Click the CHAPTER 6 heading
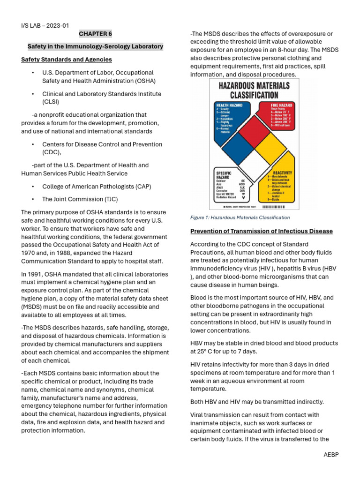(96, 34)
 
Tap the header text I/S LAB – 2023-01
(45, 25)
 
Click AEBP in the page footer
(330, 455)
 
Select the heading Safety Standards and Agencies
(67, 60)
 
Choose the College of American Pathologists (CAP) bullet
(97, 186)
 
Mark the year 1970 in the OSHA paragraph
(29, 253)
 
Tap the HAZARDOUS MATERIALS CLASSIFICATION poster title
(255, 90)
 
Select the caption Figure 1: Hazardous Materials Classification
(240, 217)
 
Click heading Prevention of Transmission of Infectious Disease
(262, 231)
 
